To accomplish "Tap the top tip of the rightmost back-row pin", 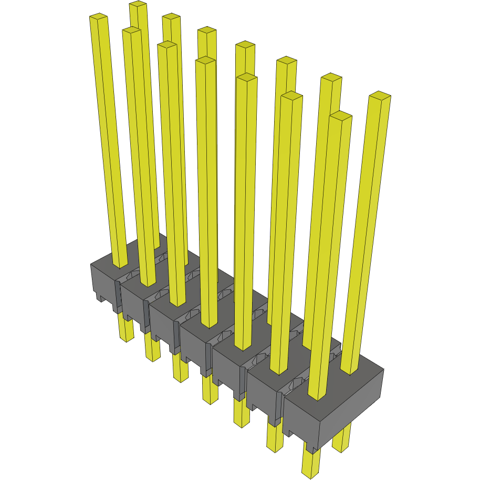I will click(380, 96).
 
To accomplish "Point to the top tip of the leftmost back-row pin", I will click(138, 5).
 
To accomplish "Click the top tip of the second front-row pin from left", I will click(131, 31).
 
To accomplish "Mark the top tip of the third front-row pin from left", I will click(167, 45).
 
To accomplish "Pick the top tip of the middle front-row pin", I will click(205, 61).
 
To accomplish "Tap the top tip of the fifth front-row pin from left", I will click(246, 77).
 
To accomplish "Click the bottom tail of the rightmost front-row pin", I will click(311, 467).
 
